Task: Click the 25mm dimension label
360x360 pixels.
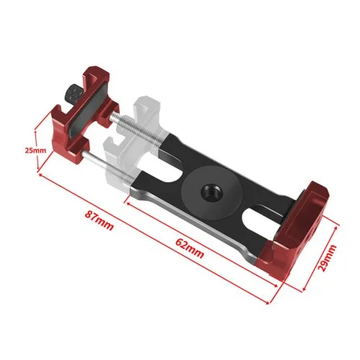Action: [35, 150]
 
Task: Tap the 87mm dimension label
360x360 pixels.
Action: [99, 220]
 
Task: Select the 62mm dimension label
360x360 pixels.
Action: [189, 248]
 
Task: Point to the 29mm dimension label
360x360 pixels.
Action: [328, 258]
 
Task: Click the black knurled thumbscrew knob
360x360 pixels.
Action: [73, 93]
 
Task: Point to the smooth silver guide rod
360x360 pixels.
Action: [109, 166]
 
